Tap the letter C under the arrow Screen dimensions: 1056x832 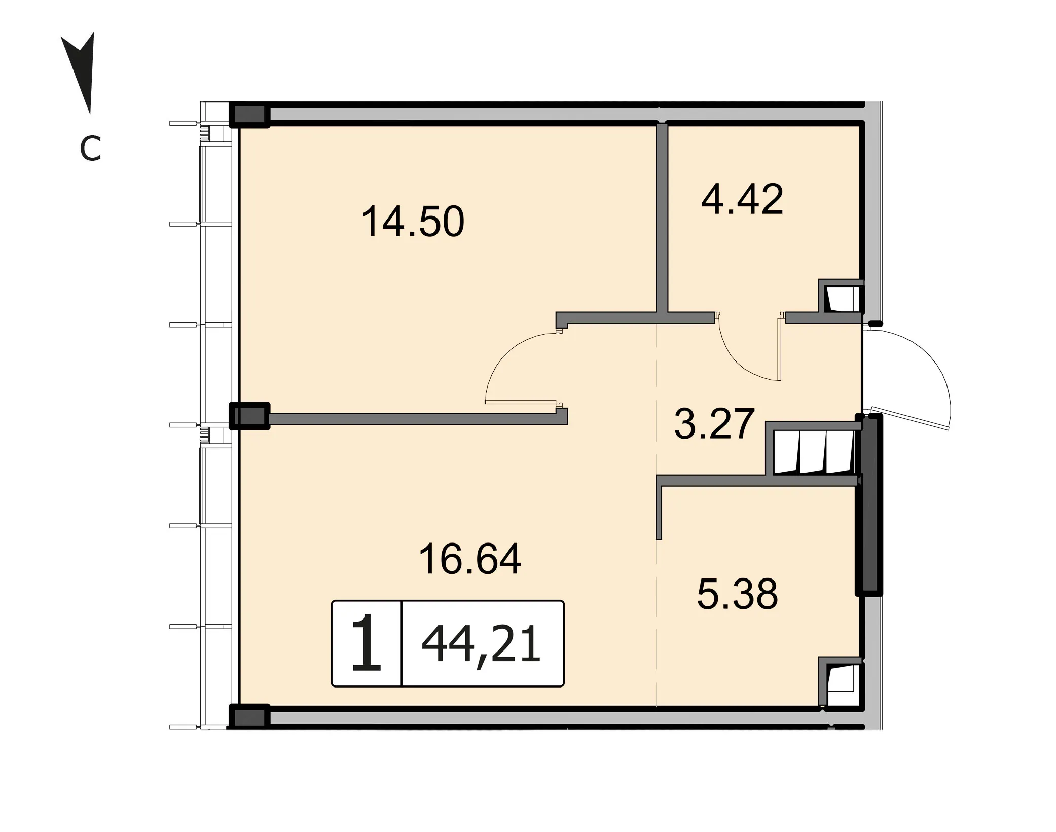pyautogui.click(x=90, y=149)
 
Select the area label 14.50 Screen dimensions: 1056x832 pyautogui.click(x=413, y=222)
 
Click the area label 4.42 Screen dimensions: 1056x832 pyautogui.click(x=742, y=199)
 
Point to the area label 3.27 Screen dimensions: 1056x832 pyautogui.click(x=714, y=423)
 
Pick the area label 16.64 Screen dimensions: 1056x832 pyautogui.click(x=470, y=559)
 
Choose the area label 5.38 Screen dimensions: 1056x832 pyautogui.click(x=737, y=594)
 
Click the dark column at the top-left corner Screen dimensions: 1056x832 pyautogui.click(x=249, y=115)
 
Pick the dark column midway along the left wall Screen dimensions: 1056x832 pyautogui.click(x=249, y=416)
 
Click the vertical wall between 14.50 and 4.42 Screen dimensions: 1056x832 pyautogui.click(x=662, y=218)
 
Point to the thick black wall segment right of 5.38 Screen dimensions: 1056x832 pyautogui.click(x=869, y=504)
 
